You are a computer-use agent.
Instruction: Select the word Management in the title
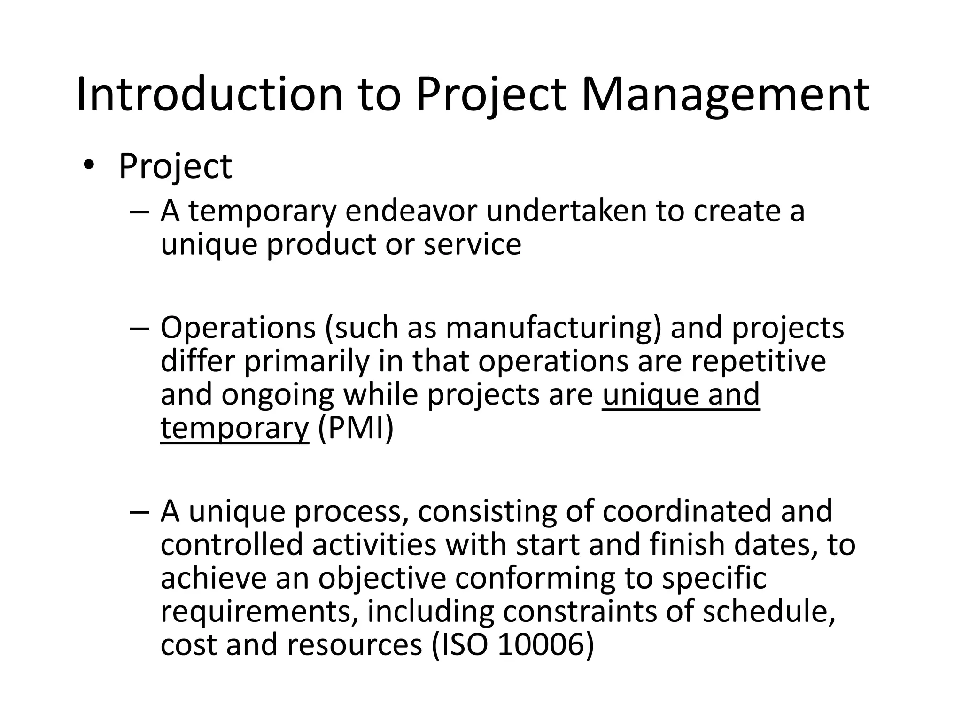(725, 95)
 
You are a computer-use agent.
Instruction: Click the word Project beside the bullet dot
(175, 166)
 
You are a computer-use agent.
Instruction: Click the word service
(472, 244)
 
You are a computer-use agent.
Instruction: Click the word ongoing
(277, 394)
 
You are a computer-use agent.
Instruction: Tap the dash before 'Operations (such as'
(140, 329)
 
